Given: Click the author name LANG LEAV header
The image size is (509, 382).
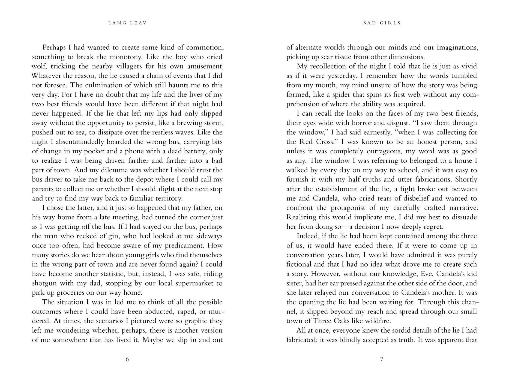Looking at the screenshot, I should pos(127,23).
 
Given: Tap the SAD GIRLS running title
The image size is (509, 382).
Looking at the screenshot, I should pos(382,23).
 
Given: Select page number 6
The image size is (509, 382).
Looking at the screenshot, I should pos(127,359).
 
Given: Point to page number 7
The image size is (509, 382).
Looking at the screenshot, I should pos(382,359).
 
